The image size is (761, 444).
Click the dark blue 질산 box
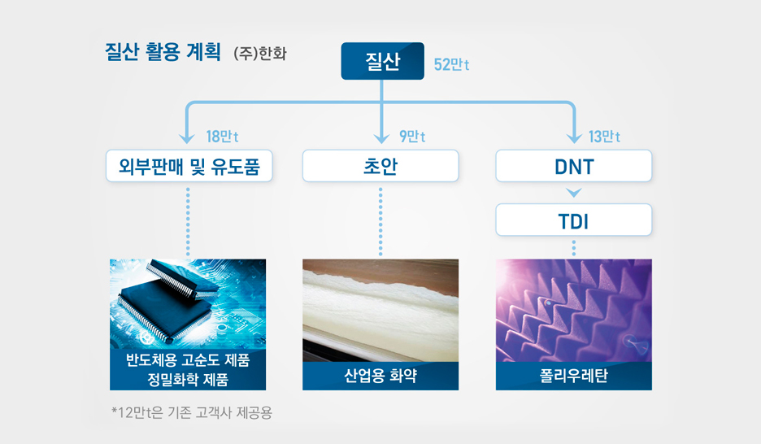[382, 61]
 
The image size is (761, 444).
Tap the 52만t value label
[451, 64]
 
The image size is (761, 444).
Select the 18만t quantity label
[222, 136]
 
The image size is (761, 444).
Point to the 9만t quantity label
[413, 136]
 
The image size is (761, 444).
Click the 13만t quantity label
[605, 136]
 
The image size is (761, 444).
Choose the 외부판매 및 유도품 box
[189, 166]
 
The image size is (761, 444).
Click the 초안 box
[380, 166]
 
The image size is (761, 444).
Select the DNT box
[573, 166]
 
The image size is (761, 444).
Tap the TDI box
[573, 220]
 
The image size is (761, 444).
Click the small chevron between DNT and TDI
[573, 194]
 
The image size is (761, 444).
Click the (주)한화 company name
[259, 55]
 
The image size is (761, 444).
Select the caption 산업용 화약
[380, 377]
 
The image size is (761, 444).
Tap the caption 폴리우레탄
[573, 377]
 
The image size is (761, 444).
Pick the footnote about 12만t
[192, 413]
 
